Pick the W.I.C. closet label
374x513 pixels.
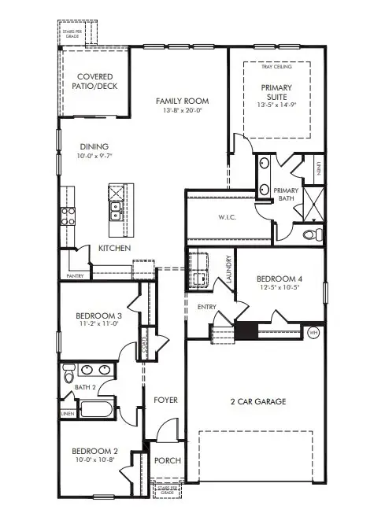(x=229, y=218)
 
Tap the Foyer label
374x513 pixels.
(x=165, y=400)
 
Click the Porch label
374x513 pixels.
(x=167, y=461)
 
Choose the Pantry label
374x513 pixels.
(x=75, y=276)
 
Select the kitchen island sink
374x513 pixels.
(x=117, y=209)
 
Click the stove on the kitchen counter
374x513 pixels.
(x=66, y=216)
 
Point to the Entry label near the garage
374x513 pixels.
(x=207, y=307)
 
